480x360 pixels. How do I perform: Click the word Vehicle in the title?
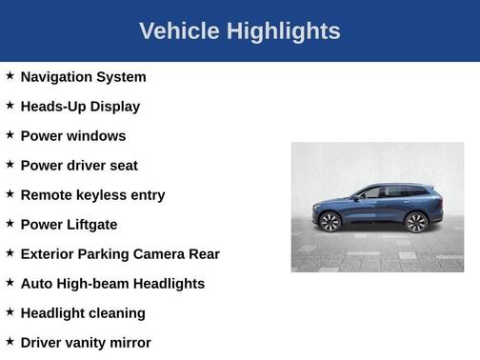pyautogui.click(x=179, y=31)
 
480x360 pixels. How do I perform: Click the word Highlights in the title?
pyautogui.click(x=282, y=31)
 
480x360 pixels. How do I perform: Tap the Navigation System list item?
pyautogui.click(x=83, y=77)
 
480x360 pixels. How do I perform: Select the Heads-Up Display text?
pyautogui.click(x=80, y=107)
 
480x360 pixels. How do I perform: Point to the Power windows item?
pyautogui.click(x=72, y=136)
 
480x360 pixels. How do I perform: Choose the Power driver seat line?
pyautogui.click(x=79, y=166)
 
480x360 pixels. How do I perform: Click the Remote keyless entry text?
pyautogui.click(x=92, y=195)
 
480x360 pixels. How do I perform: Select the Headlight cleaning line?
pyautogui.click(x=83, y=313)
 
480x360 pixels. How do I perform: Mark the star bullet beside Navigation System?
pyautogui.click(x=10, y=75)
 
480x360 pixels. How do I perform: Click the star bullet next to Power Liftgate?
pyautogui.click(x=10, y=223)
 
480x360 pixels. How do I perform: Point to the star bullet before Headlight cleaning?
pyautogui.click(x=10, y=311)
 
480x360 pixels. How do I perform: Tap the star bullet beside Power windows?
pyautogui.click(x=10, y=134)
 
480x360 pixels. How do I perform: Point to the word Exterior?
pyautogui.click(x=50, y=254)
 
